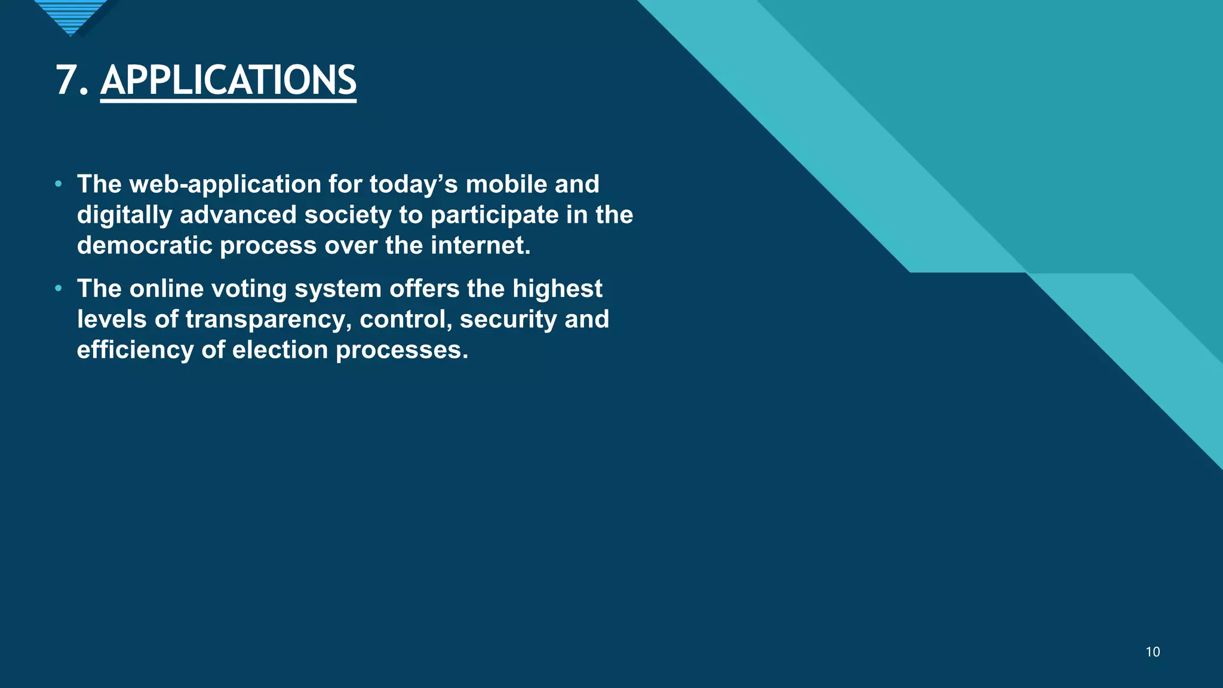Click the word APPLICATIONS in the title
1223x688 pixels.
(x=228, y=80)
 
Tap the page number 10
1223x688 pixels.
(x=1153, y=652)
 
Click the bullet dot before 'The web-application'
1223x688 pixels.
(x=58, y=184)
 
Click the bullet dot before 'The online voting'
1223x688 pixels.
(x=58, y=288)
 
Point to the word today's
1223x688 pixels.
(x=413, y=185)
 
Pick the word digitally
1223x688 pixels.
(x=124, y=215)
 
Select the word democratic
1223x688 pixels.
(x=145, y=245)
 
